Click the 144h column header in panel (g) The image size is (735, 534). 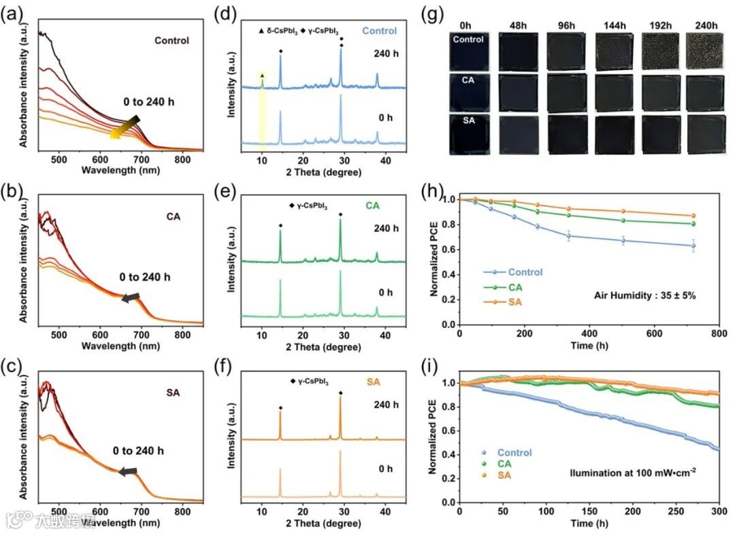tap(610, 26)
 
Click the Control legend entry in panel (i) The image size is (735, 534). tap(514, 452)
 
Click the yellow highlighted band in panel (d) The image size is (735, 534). tap(261, 109)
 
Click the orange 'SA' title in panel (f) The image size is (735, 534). tap(374, 382)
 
